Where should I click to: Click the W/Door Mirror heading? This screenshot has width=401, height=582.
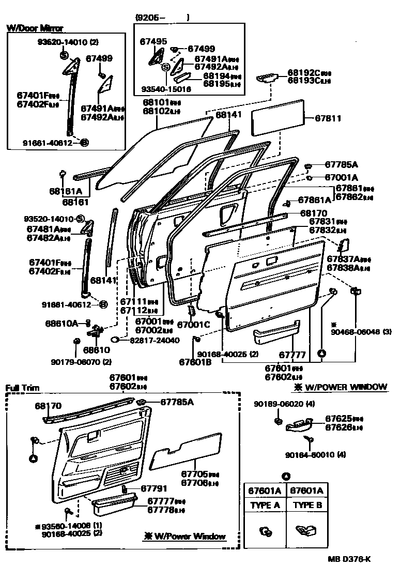(35, 28)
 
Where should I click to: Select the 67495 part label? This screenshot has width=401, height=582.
(153, 42)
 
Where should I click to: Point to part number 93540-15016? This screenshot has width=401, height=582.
(166, 89)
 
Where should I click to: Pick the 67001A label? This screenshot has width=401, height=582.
(342, 177)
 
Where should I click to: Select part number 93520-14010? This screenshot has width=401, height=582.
(50, 218)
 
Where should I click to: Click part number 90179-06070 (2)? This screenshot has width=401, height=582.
(81, 362)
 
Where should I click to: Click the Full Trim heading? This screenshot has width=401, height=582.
(22, 388)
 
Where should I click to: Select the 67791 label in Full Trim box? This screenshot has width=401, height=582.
(153, 488)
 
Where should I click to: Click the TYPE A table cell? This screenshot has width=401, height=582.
(265, 506)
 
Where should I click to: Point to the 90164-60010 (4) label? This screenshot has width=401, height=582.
(315, 455)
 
